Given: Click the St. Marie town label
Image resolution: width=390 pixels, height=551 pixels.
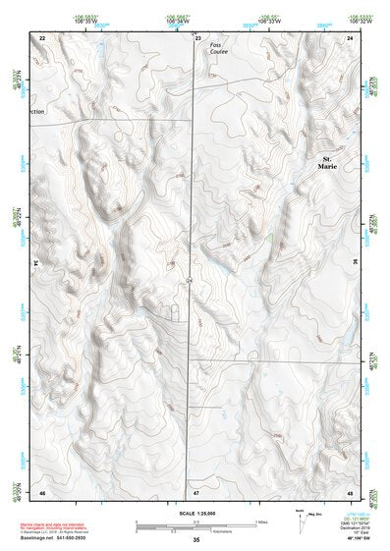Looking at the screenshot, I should (x=328, y=162).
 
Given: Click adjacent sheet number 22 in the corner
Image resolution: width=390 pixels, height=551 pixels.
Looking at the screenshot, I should (x=40, y=36).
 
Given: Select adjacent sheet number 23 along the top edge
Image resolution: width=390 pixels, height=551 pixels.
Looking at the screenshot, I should (x=196, y=36).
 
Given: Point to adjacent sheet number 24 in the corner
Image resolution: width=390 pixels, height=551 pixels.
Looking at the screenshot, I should (x=351, y=36).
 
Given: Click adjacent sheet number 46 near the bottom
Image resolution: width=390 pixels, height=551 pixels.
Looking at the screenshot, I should (x=40, y=490).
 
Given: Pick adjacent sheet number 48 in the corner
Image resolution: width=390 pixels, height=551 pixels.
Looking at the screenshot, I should (x=351, y=490).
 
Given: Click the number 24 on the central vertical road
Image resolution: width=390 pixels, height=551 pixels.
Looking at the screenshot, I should (x=189, y=281).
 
